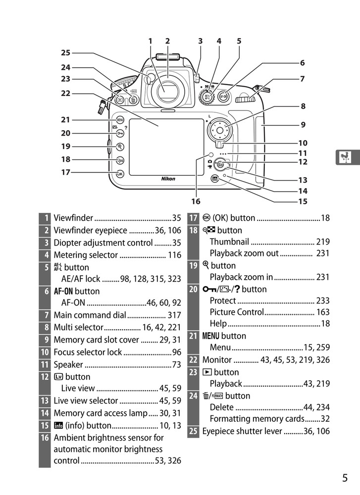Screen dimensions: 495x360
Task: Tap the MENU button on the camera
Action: (120, 120)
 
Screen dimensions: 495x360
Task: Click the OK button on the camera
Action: (120, 174)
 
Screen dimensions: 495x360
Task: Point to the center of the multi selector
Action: (219, 131)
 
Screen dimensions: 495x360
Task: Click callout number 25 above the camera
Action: (66, 52)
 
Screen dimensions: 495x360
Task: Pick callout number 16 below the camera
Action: (196, 201)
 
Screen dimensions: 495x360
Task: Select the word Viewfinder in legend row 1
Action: (73, 218)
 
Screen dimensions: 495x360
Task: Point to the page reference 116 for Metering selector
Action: (174, 255)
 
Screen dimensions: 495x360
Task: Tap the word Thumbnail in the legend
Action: (229, 242)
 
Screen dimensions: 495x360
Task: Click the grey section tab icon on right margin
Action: (345, 157)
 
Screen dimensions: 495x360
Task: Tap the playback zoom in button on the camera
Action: (120, 147)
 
